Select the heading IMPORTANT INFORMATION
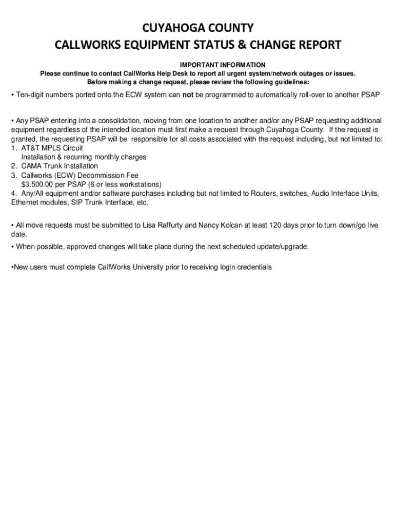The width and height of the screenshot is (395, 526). tap(223, 65)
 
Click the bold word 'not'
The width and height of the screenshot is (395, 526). tap(188, 95)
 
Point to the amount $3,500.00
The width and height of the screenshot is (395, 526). tap(39, 184)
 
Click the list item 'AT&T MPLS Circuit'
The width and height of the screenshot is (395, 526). tap(52, 148)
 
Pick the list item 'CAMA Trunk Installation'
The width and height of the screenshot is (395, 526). tap(60, 166)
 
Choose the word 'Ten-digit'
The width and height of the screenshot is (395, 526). tap(31, 95)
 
